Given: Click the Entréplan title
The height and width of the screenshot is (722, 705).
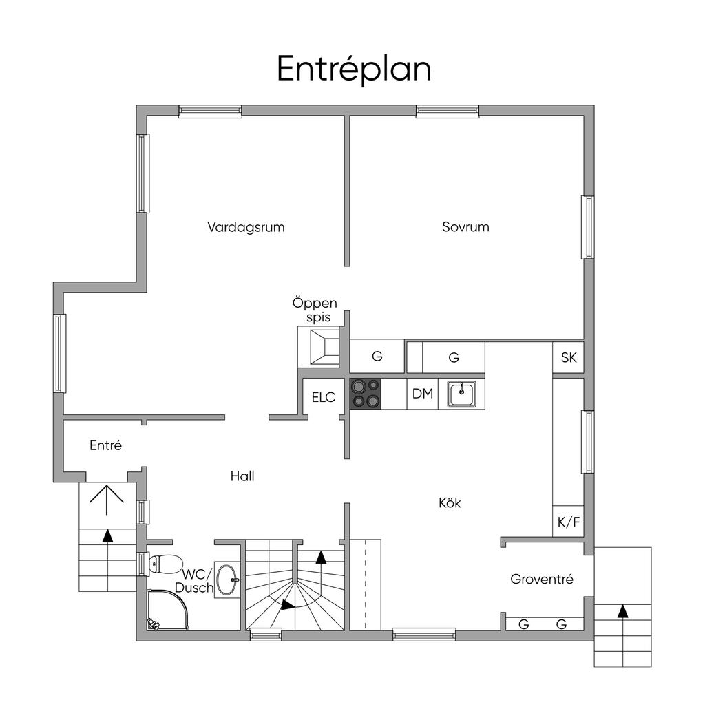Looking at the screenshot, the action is click(x=354, y=69).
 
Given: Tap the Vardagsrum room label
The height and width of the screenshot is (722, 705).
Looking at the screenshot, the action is click(x=246, y=227).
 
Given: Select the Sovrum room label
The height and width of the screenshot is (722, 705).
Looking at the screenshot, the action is click(x=465, y=227).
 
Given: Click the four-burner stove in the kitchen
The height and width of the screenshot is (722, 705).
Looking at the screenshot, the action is click(x=366, y=394).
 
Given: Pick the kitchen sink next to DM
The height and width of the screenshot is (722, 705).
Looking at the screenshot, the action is click(x=462, y=394).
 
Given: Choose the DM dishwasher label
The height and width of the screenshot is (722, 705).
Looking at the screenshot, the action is click(x=423, y=394).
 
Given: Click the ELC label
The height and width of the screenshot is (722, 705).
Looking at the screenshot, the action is click(x=324, y=397).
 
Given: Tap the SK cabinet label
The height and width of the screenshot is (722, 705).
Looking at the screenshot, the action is click(x=569, y=357).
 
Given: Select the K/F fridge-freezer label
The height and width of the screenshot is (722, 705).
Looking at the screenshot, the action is click(x=569, y=522).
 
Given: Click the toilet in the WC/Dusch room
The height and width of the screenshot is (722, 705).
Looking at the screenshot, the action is click(x=165, y=564).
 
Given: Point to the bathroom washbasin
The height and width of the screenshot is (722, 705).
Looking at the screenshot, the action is click(x=227, y=580).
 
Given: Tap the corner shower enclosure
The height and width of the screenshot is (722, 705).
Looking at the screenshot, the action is click(x=167, y=610).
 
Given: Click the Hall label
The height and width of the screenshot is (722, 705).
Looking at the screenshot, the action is click(x=242, y=476).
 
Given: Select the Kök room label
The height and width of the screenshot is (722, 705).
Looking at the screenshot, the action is click(x=450, y=503).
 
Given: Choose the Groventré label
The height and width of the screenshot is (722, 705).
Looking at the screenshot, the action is click(x=542, y=580).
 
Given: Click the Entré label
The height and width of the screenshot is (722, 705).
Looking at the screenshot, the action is click(x=105, y=445).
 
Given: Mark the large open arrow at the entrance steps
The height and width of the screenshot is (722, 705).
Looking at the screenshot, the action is click(x=107, y=499).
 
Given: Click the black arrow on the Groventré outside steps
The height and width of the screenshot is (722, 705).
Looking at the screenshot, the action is click(x=622, y=611).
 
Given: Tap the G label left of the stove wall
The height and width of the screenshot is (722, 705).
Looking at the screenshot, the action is click(x=377, y=356).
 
